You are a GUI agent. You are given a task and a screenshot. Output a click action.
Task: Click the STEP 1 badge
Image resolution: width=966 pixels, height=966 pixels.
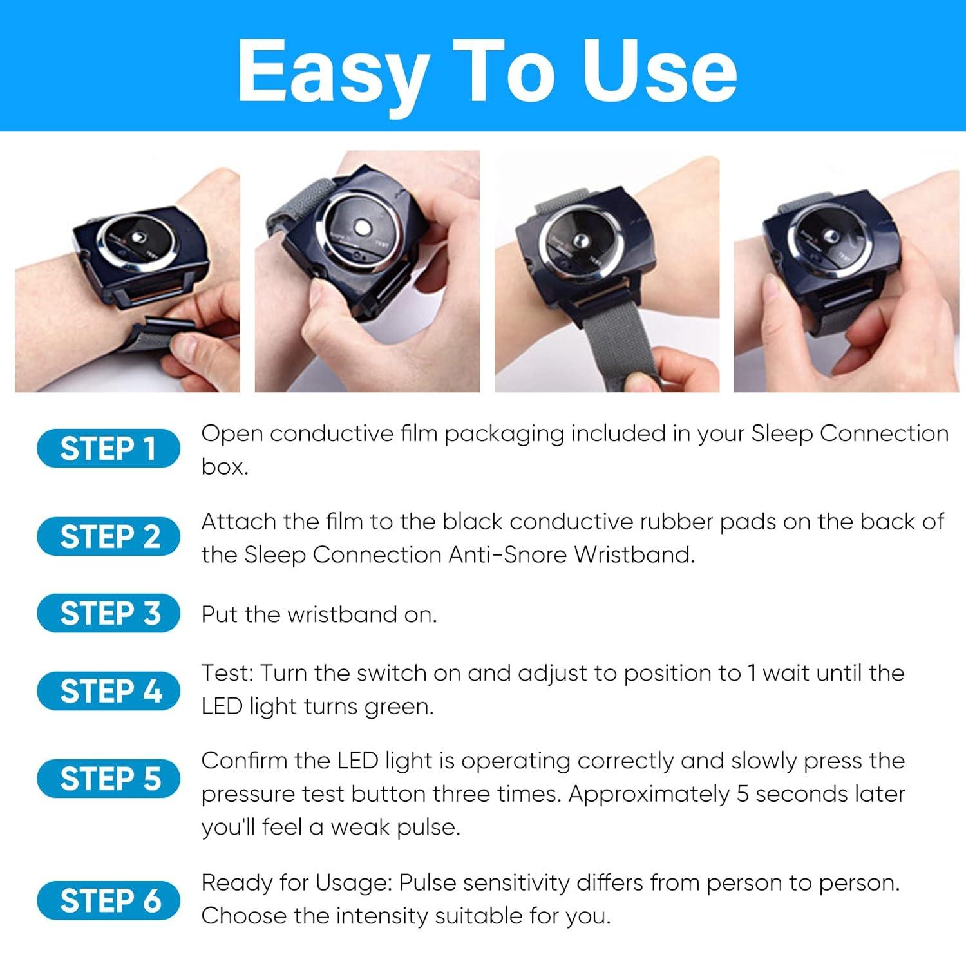[108, 448]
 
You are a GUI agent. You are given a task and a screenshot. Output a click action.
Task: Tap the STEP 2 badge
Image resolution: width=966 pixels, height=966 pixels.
[108, 536]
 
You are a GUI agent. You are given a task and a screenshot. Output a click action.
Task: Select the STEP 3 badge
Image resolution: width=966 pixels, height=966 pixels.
[108, 613]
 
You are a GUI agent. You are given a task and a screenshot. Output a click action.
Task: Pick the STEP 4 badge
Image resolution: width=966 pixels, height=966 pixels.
[108, 691]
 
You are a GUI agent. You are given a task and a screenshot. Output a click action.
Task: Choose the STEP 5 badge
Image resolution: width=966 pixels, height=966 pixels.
[108, 779]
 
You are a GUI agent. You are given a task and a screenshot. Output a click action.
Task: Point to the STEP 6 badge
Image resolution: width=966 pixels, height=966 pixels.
[108, 900]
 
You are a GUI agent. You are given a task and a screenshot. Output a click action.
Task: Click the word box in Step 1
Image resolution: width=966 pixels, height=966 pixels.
[224, 467]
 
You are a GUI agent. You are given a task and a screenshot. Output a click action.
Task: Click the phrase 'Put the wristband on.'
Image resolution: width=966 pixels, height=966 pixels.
[319, 614]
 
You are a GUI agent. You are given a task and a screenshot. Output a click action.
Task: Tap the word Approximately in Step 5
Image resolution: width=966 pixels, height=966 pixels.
[649, 794]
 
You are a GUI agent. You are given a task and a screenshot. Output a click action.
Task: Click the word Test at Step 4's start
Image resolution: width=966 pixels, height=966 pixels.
[227, 674]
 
